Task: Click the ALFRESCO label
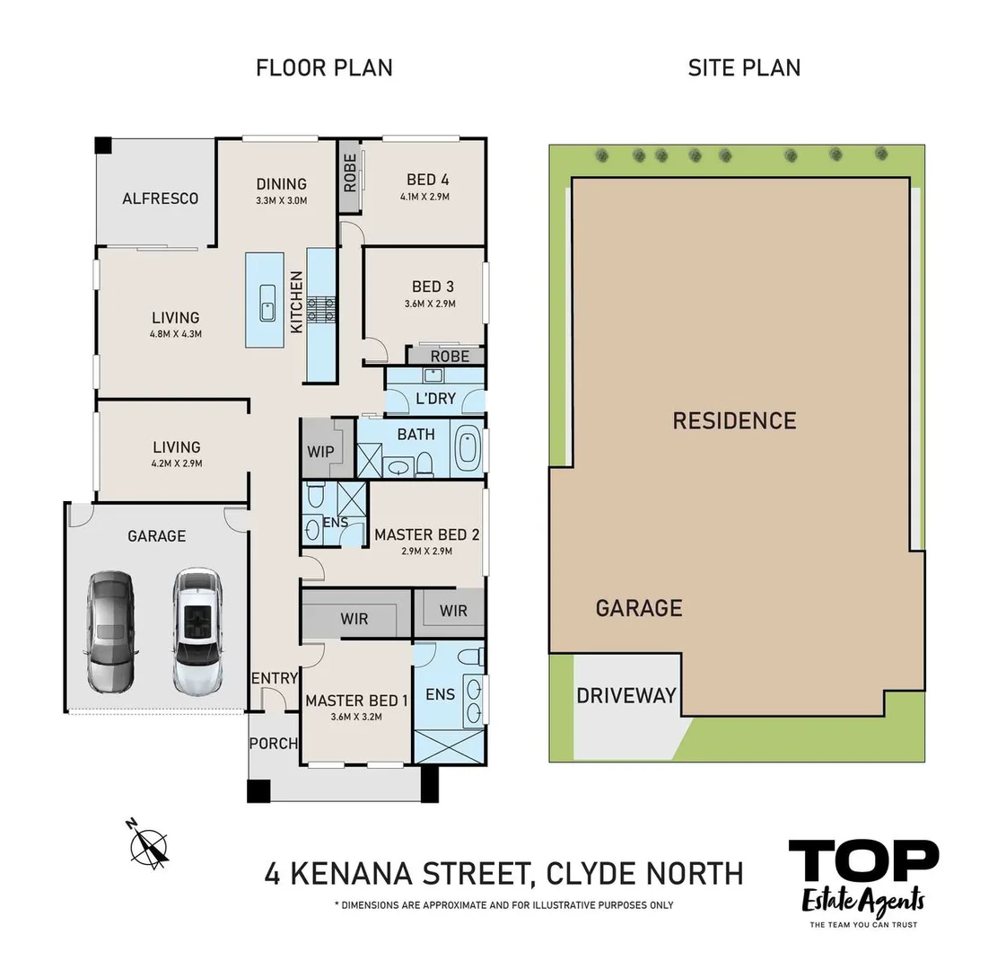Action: coord(160,198)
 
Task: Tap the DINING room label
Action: coord(281,184)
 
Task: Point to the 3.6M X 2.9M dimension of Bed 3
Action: coord(432,304)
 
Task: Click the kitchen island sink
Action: coord(267,304)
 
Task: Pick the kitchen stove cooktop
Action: coord(321,310)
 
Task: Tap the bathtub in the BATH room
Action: coord(468,449)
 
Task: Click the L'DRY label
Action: coord(435,398)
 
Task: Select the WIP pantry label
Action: coord(320,451)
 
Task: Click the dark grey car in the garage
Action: coord(109,630)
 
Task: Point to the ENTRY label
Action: coord(274,678)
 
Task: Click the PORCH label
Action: coord(273,743)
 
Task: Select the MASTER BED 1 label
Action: coord(356,701)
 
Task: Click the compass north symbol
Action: coord(148,845)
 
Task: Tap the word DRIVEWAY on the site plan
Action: coord(625,696)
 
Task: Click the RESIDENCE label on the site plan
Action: coord(734,420)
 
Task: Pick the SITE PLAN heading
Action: coord(744,67)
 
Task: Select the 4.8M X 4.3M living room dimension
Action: coord(176,333)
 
